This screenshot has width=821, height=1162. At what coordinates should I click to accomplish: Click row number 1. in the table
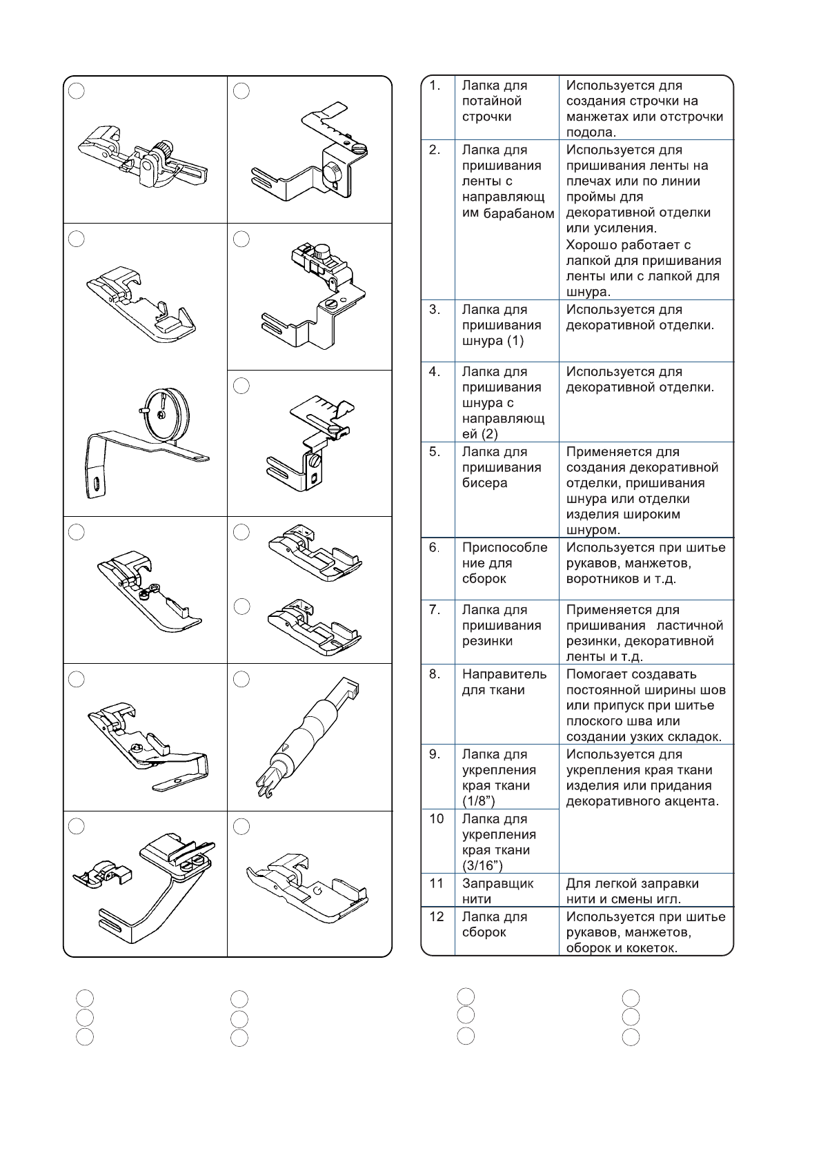pos(435,86)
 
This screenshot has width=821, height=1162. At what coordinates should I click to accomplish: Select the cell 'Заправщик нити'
pos(497,891)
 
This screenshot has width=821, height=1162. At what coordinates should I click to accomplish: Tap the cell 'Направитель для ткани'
pos(504,682)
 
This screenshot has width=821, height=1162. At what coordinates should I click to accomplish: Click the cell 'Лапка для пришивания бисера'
pos(502,468)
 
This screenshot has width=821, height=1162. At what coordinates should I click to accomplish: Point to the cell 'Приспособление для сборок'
pos(504,563)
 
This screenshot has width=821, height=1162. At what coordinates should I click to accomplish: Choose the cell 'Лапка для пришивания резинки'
pos(502,625)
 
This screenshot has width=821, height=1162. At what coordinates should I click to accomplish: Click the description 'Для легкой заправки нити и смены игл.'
pos(632,891)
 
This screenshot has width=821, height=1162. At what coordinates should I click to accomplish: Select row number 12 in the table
pos(437,917)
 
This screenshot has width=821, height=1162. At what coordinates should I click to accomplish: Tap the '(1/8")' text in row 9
pos(479,801)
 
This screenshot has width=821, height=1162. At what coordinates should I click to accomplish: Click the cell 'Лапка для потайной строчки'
pos(494,101)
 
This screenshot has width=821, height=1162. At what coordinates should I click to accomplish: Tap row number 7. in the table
pos(435,610)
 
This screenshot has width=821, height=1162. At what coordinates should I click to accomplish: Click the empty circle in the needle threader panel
pos(241,680)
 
